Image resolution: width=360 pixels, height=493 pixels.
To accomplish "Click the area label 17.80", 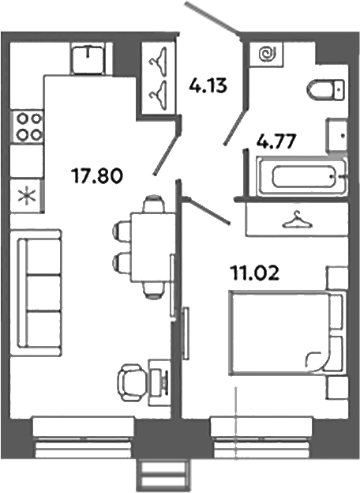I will (x=96, y=175).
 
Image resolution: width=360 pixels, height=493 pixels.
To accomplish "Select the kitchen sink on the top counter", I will (x=88, y=57).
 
